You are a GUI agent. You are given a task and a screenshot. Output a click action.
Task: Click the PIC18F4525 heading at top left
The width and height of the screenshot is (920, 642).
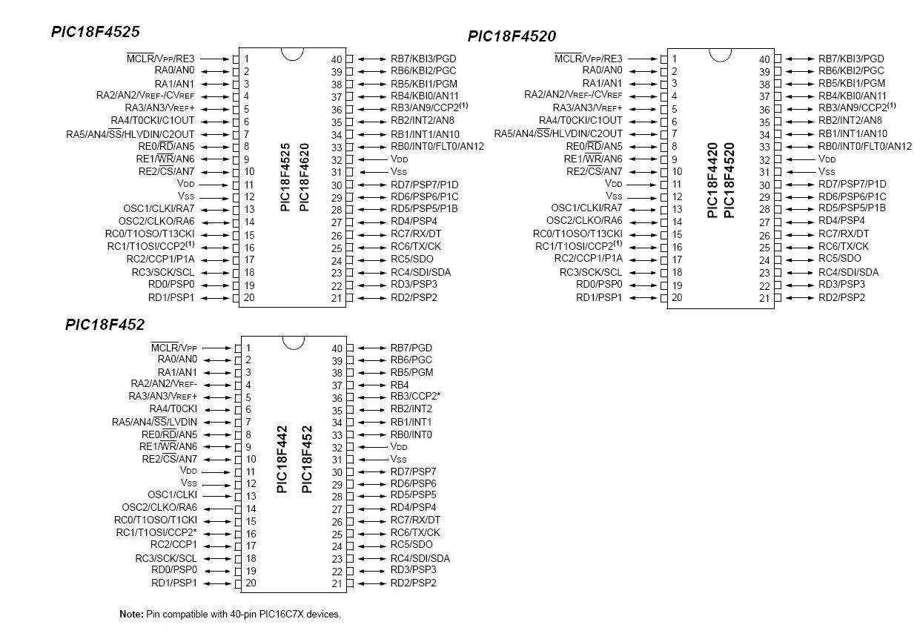point(95,32)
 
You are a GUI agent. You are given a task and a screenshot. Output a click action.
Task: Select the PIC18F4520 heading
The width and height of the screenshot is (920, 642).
point(512,36)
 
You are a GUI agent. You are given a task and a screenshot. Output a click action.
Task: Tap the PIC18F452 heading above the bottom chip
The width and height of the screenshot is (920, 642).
point(105,325)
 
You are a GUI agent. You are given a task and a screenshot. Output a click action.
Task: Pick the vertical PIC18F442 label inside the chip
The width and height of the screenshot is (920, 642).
point(282,460)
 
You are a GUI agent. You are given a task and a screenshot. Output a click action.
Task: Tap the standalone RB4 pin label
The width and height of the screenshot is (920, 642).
point(400,385)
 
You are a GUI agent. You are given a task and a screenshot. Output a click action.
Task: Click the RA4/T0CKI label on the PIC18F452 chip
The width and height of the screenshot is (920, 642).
point(173,409)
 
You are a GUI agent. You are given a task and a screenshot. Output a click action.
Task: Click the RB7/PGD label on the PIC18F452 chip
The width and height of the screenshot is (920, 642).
point(411,348)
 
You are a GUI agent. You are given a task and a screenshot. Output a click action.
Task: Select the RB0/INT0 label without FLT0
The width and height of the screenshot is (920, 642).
point(411,434)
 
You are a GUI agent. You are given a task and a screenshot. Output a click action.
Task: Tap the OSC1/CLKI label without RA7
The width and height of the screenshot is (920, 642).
point(173,494)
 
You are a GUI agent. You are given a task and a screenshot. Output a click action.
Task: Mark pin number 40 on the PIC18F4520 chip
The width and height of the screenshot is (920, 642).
point(764,59)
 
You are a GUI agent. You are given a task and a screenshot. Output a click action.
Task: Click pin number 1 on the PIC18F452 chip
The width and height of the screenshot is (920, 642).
point(248,348)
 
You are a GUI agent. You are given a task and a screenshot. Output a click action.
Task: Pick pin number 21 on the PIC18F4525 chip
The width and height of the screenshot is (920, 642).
point(337,298)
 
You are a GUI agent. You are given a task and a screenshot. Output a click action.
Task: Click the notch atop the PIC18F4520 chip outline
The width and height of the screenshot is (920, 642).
point(721,54)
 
